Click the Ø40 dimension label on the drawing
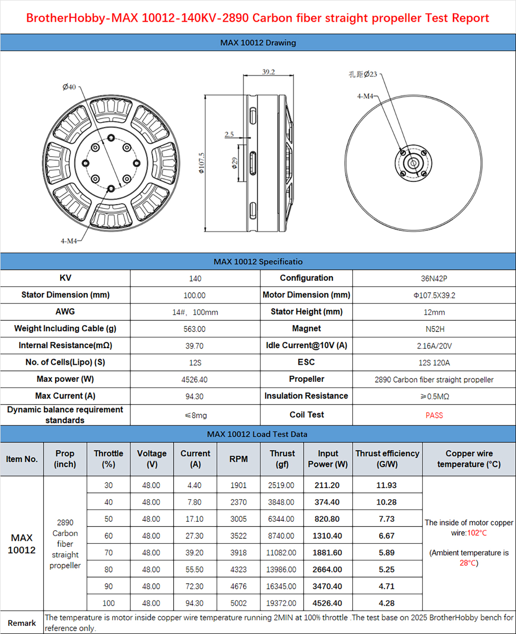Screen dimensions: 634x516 69,87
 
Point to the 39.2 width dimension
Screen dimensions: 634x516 268,72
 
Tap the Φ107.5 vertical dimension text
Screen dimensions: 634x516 202,163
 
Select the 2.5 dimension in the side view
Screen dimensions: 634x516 229,134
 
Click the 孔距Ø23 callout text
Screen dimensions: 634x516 362,74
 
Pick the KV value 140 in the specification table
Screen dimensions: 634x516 195,278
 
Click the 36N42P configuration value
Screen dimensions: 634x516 434,278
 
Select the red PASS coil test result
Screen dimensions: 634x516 434,415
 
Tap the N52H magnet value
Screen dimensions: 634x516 435,329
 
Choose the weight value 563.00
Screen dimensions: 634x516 194,329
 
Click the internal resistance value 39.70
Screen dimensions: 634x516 194,346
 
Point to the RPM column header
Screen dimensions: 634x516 238,459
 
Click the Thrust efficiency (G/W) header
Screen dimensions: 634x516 387,459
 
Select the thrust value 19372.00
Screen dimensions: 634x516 281,603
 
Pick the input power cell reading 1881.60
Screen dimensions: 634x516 327,553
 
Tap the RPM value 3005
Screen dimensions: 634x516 238,519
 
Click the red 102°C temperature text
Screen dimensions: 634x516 477,533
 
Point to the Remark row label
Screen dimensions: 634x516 22,623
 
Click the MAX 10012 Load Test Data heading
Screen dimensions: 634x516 257,434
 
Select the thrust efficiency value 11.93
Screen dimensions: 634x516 386,486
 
